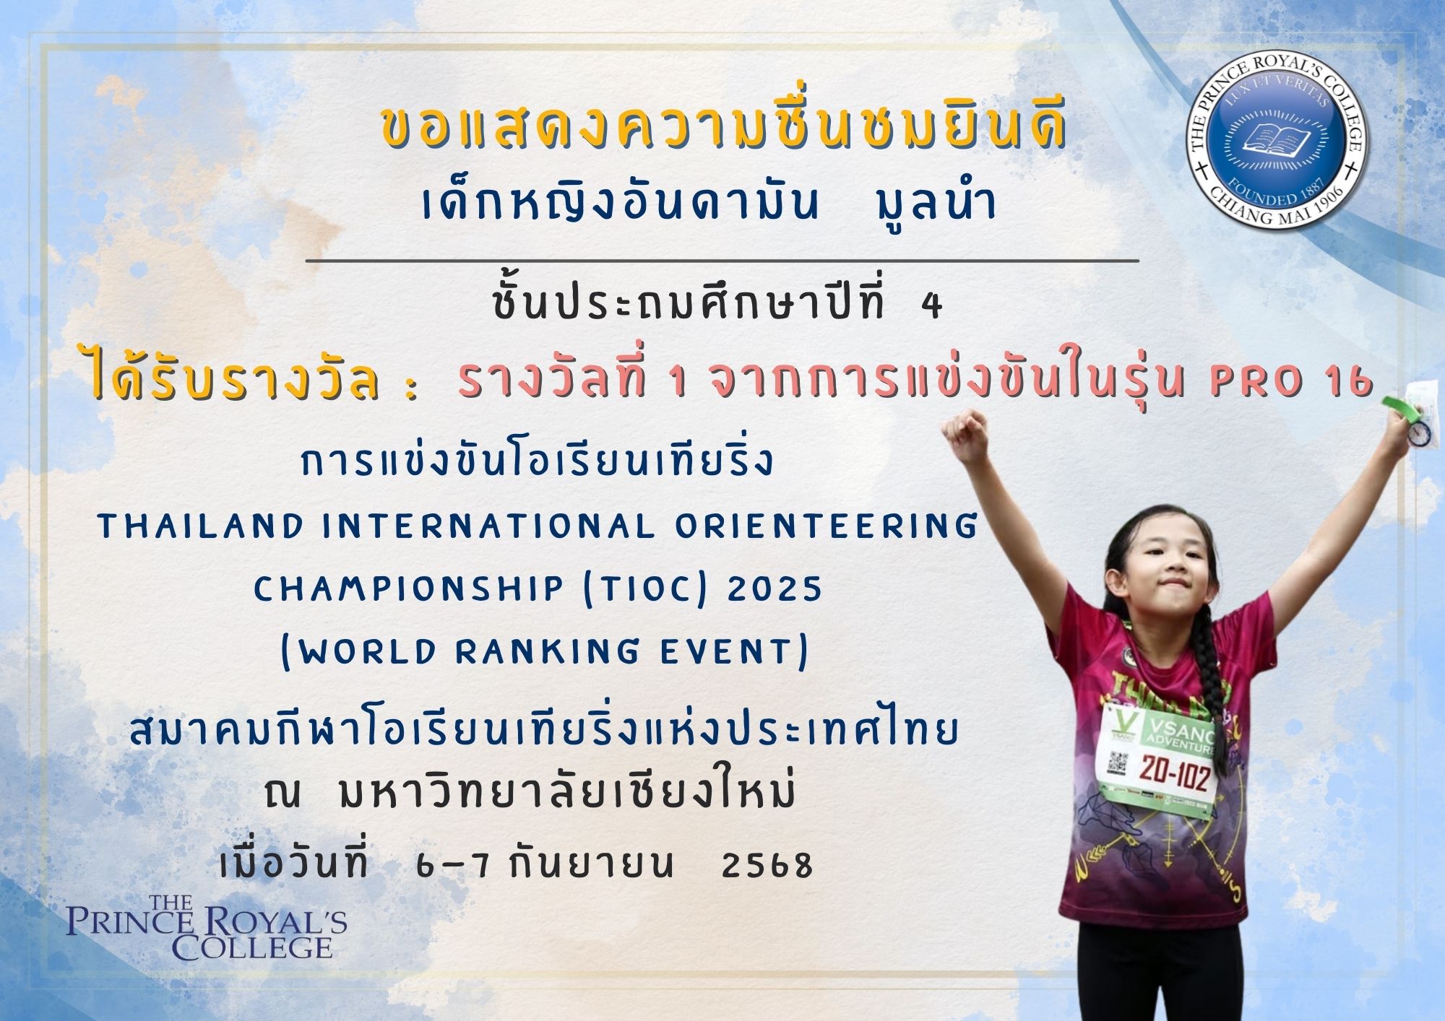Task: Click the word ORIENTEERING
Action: (x=825, y=526)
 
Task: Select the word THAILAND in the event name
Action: (x=201, y=526)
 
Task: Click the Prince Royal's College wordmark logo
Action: (x=207, y=927)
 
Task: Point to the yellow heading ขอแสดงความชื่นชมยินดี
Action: (x=723, y=131)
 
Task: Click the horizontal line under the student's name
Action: (x=722, y=260)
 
